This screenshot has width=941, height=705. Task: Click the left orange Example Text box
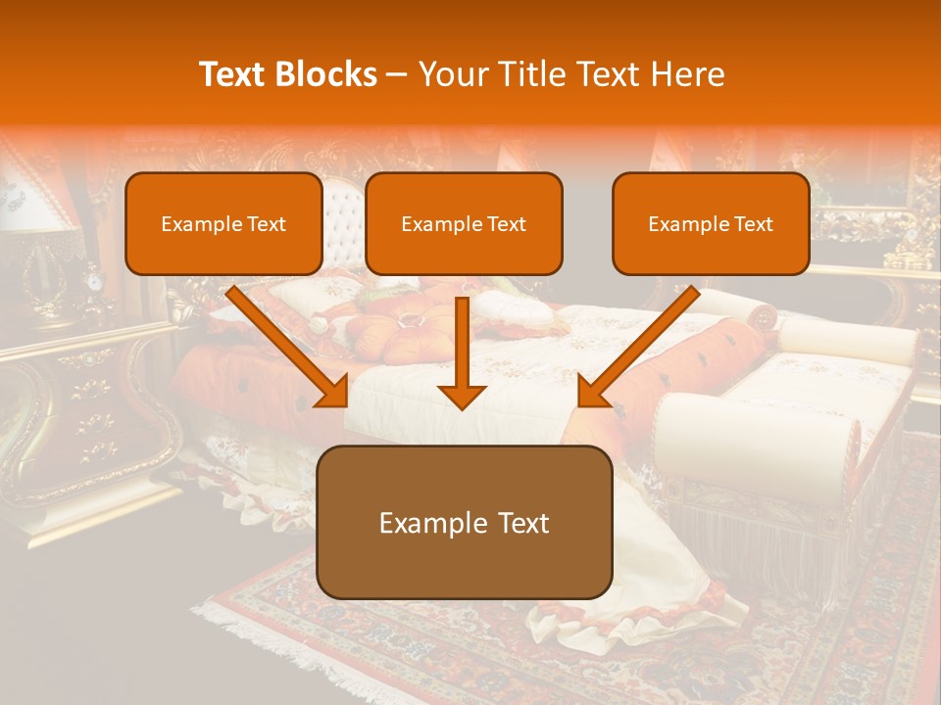coord(223,224)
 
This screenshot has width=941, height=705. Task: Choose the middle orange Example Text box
coord(464,224)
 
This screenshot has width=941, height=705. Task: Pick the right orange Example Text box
coord(711,224)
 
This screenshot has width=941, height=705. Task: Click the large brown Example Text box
coord(464,523)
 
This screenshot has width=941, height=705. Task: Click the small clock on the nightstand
coord(94,282)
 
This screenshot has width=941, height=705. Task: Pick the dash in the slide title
coord(398,74)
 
